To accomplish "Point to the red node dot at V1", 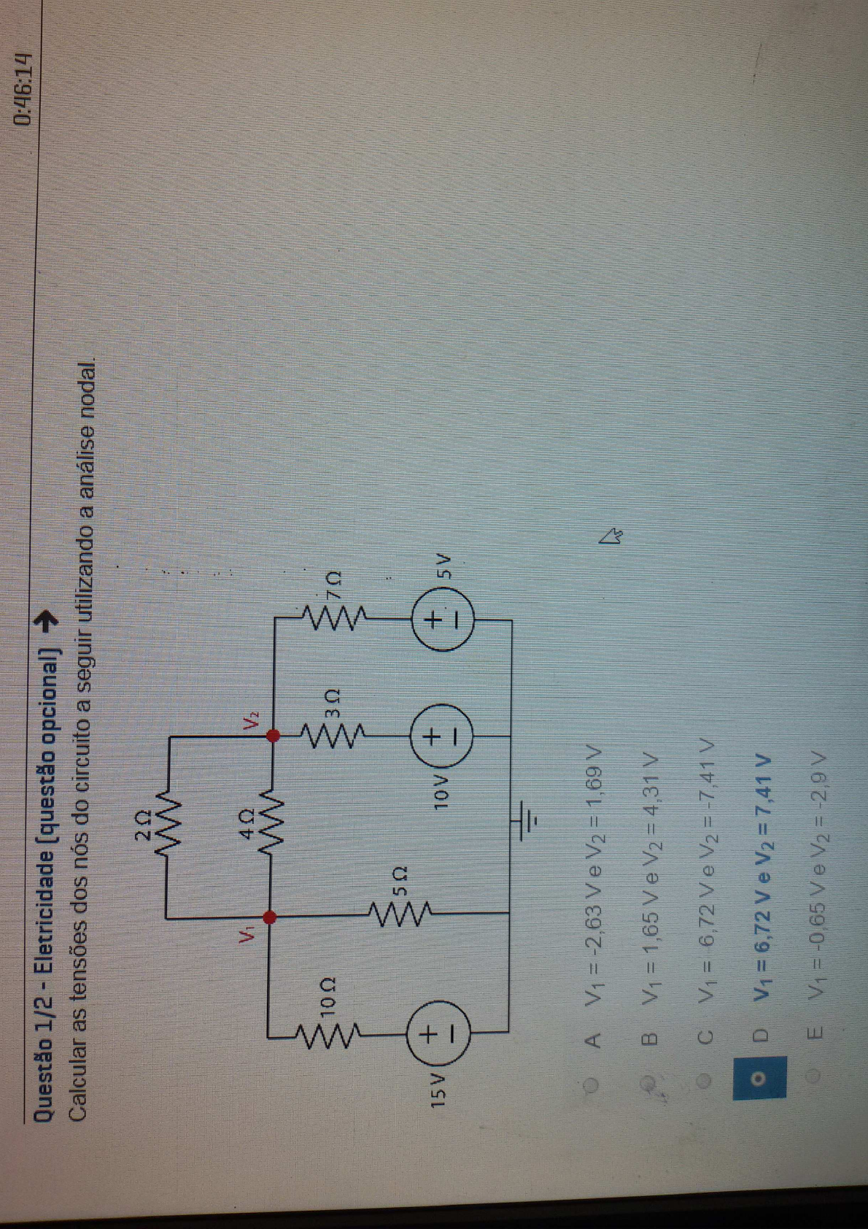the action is [269, 917].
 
